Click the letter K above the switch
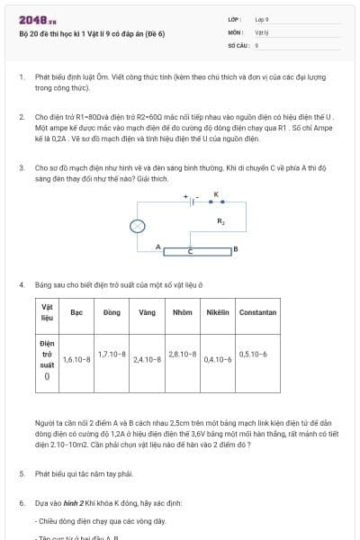[216, 194]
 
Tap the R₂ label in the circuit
[221, 220]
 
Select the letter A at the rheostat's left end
[157, 247]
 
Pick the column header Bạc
[76, 312]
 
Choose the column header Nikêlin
[217, 312]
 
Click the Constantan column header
[257, 312]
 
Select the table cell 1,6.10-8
[76, 359]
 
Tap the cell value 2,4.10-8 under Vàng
[147, 359]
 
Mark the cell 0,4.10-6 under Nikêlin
[218, 359]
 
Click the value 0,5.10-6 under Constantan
[254, 354]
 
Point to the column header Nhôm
[182, 312]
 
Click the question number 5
[22, 472]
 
